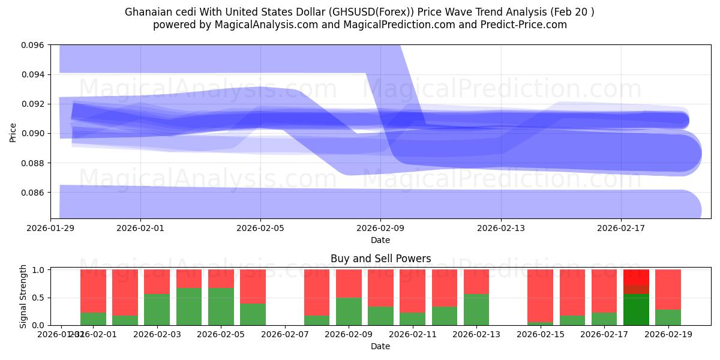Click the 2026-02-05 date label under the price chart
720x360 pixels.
260,228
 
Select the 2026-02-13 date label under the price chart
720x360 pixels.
500,228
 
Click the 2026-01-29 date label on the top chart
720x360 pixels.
50,228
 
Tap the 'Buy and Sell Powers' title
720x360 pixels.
380,259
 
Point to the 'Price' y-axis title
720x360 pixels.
13,132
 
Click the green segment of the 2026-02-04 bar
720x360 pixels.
189,307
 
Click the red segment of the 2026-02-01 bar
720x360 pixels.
93,291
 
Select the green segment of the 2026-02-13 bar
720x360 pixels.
476,310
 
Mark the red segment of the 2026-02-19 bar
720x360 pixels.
668,289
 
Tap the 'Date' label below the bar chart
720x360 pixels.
380,346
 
